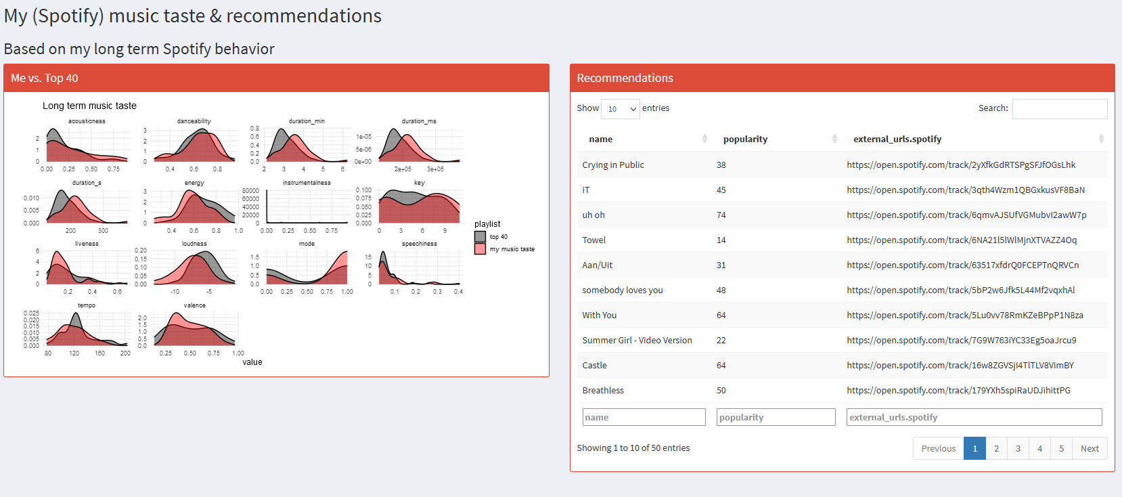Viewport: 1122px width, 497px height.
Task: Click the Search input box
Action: tap(1059, 108)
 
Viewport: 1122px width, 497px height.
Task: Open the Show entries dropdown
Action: tap(620, 108)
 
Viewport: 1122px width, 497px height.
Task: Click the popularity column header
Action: tap(745, 139)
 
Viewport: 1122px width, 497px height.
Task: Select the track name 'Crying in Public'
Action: tap(613, 165)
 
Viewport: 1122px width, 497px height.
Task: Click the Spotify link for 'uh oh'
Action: tap(966, 215)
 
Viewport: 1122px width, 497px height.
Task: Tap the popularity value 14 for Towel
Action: tap(721, 240)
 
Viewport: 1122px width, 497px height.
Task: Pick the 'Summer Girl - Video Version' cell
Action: tap(637, 340)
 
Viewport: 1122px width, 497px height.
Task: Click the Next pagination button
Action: tap(1090, 448)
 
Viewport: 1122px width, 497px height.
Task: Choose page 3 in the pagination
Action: tap(1018, 448)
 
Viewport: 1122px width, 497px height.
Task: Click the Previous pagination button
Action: tap(938, 448)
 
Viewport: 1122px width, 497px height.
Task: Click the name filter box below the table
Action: tap(644, 417)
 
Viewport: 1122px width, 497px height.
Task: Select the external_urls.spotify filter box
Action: tap(974, 417)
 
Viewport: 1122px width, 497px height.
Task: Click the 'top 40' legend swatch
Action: tap(480, 236)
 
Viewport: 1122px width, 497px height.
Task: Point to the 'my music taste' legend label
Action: tap(512, 249)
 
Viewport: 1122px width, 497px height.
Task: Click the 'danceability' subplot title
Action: tap(194, 121)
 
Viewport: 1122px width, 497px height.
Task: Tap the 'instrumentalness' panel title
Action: tap(307, 183)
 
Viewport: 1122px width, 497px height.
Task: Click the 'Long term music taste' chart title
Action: tap(89, 106)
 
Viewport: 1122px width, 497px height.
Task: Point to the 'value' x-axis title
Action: tap(252, 362)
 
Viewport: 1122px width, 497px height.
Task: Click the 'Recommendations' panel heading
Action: tap(625, 78)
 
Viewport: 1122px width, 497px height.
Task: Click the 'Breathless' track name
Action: tap(603, 390)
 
